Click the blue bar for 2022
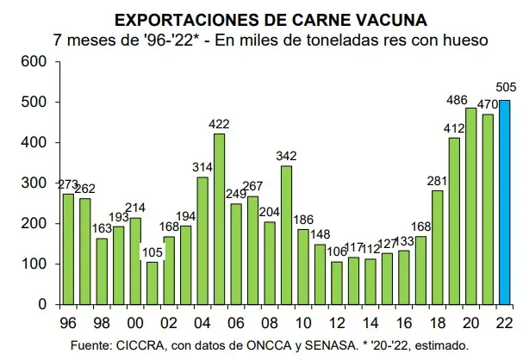coord(504,202)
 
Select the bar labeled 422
coord(220,219)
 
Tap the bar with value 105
coord(152,283)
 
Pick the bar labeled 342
coord(286,235)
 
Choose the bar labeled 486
coord(471,206)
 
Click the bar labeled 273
coord(68,249)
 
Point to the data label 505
coord(506,87)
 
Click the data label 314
coord(202,167)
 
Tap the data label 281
coord(437,181)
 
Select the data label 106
coord(337,251)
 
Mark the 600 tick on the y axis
coord(34,61)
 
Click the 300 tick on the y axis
coord(34,183)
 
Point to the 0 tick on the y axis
coord(42,304)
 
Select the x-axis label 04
coord(202,323)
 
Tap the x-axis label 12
coord(337,323)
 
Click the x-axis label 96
coord(68,323)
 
